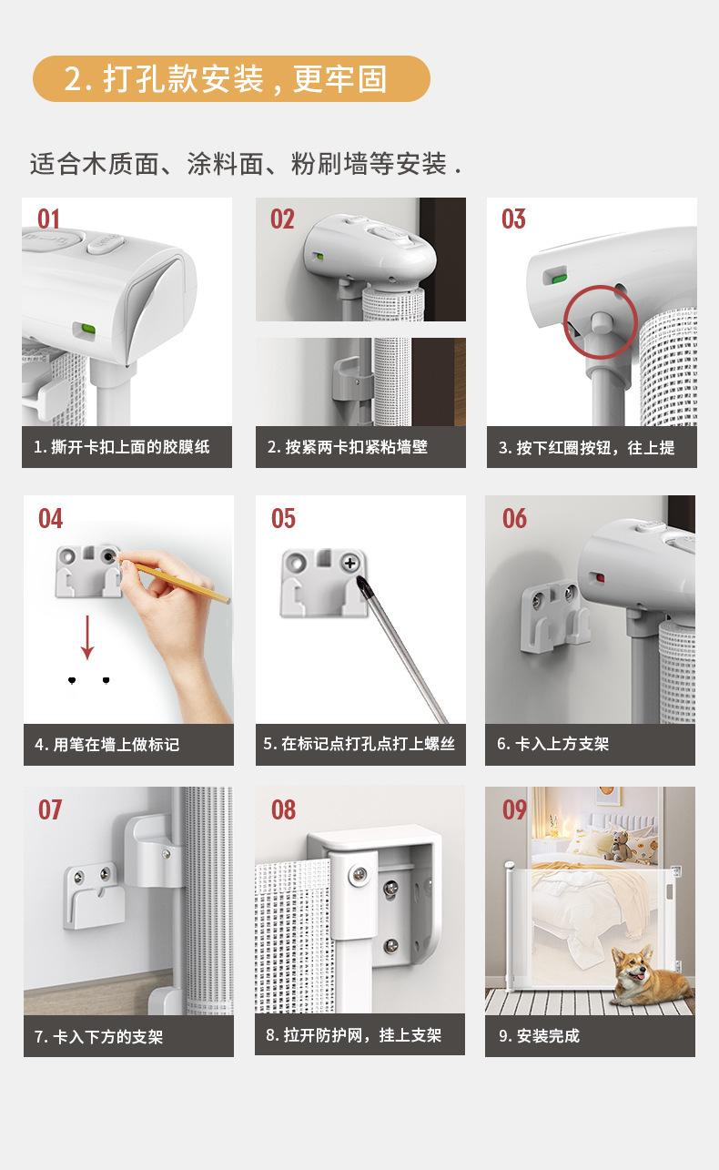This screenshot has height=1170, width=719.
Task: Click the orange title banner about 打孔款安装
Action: pos(231,79)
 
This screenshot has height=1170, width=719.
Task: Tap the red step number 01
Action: pos(48,219)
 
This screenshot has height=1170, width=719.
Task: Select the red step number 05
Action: pos(284,519)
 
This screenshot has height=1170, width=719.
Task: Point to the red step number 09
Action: pos(514,810)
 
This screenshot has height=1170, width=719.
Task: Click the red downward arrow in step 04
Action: pos(87,637)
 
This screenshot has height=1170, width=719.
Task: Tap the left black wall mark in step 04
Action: pos(72,680)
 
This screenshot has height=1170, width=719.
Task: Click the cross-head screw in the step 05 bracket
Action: pos(349,564)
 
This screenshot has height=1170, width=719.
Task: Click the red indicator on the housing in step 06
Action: pos(599,577)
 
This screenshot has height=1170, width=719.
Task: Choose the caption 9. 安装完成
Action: pos(539,1036)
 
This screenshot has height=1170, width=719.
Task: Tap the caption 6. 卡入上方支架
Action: pos(553,744)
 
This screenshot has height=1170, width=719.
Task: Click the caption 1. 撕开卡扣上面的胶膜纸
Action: pos(122,447)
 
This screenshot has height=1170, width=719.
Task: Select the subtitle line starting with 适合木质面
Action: pos(246,164)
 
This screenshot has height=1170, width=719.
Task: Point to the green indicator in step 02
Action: pos(317,256)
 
